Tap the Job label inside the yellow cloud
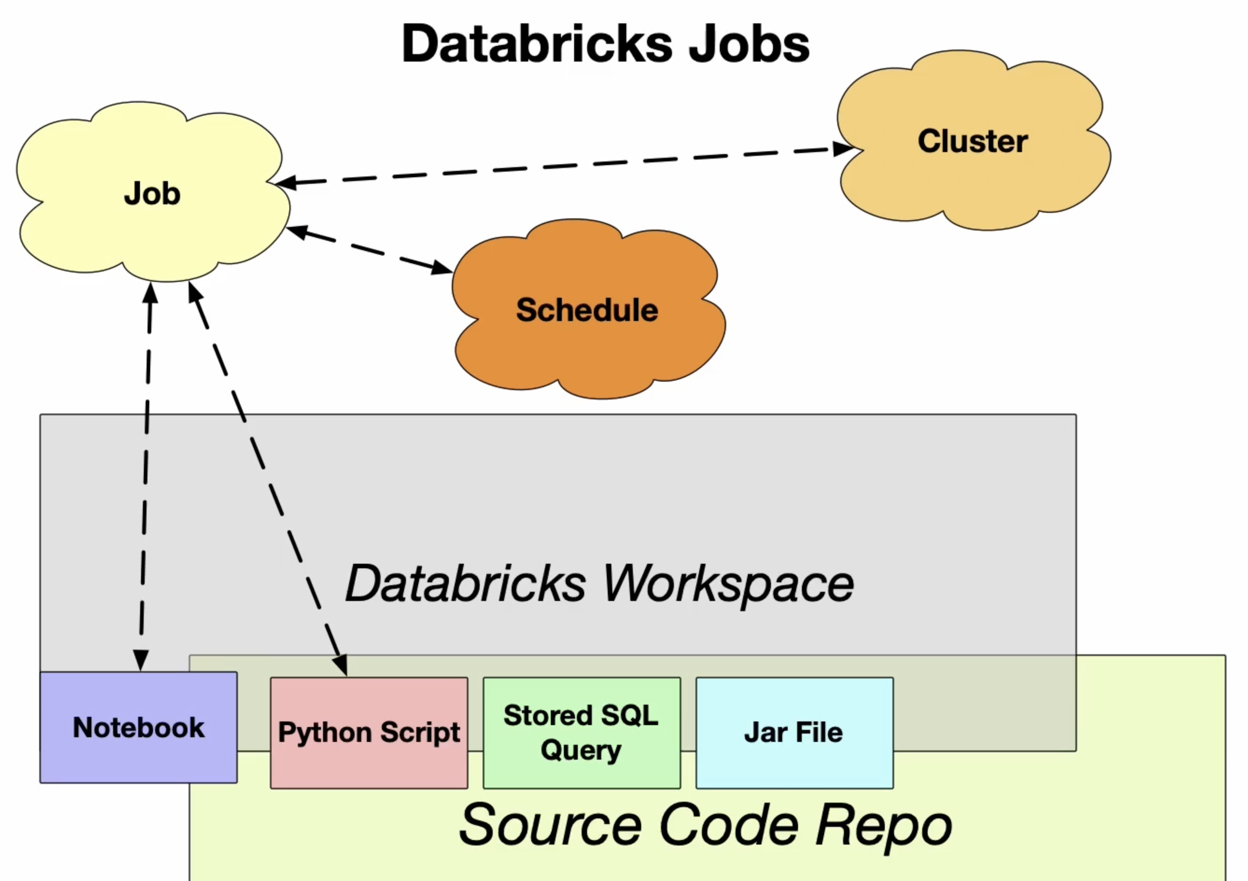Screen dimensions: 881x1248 pos(152,194)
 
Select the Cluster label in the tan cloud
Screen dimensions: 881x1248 pos(973,141)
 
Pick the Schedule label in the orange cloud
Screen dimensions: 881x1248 pos(587,310)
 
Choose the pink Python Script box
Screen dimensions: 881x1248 pos(369,733)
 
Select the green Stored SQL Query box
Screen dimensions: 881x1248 pos(582,733)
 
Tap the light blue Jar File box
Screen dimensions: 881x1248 pos(794,733)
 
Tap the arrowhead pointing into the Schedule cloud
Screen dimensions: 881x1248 pos(442,267)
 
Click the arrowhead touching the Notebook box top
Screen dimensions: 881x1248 pos(141,660)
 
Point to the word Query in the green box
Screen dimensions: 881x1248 pos(581,750)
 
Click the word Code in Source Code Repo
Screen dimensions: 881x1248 pos(729,825)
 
